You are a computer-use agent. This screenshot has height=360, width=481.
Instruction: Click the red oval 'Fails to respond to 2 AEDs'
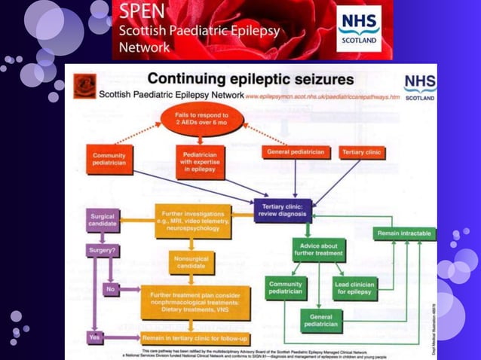pos(191,119)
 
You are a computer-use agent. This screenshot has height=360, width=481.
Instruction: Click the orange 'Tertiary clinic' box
pos(361,152)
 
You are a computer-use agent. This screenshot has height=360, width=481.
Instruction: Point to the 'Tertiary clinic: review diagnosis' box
pos(283,212)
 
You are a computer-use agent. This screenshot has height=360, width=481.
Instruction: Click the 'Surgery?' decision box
pos(103,250)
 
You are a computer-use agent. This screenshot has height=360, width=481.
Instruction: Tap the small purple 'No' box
pos(111,288)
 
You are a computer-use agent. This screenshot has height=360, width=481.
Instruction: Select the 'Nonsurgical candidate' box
pos(191,264)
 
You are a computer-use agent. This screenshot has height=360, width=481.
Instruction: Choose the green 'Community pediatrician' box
pos(286,288)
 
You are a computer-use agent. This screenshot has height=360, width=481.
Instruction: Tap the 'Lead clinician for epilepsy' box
pos(354,288)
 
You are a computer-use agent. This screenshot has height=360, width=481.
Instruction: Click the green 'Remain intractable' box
pos(404,233)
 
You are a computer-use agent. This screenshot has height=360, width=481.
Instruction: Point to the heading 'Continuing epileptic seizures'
pos(250,78)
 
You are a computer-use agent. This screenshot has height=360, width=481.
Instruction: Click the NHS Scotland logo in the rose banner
pos(358,28)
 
